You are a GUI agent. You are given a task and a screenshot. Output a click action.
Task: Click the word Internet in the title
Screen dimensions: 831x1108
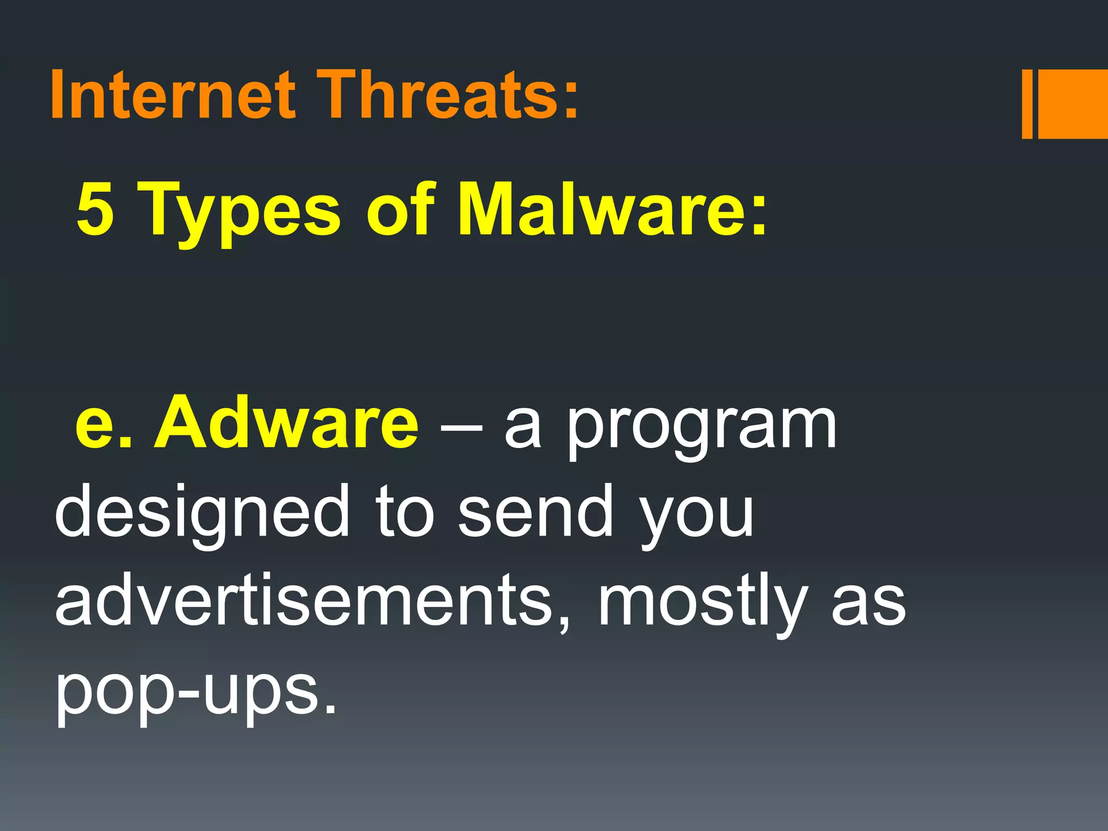[173, 95]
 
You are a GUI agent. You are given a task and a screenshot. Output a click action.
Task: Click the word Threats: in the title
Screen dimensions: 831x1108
[448, 95]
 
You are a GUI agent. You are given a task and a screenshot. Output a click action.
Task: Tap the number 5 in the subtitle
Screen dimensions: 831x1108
[95, 209]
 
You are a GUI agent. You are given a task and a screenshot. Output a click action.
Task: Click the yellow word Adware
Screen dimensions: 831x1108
[286, 422]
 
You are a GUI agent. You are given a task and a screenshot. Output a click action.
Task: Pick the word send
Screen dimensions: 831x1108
[536, 511]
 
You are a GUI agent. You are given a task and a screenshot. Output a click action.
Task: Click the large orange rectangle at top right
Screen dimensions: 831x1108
[1072, 104]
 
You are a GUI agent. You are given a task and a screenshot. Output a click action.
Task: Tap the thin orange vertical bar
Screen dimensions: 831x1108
[1027, 104]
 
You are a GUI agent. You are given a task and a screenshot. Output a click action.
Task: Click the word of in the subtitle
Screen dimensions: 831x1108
[400, 209]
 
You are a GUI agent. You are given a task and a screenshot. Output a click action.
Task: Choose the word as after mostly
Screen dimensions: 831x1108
[868, 603]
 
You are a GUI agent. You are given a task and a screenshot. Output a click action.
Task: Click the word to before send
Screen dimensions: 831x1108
[406, 511]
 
